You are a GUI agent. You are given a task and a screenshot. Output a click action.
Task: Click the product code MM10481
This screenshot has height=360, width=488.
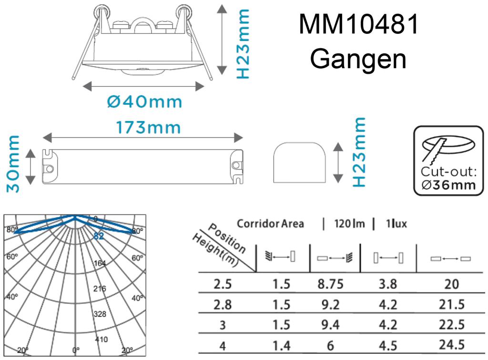click(359, 25)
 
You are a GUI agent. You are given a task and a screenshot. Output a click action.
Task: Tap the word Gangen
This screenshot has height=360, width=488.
click(358, 59)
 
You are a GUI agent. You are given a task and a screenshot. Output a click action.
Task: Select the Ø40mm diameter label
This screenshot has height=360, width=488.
click(144, 101)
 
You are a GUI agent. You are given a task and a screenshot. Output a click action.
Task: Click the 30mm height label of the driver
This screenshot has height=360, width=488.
click(14, 163)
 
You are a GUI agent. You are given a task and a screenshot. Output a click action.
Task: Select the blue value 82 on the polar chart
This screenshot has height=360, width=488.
click(99, 236)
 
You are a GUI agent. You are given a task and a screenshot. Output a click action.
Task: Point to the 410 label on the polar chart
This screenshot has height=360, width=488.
click(102, 340)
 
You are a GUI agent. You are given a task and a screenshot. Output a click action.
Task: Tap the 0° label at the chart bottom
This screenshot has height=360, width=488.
click(76, 350)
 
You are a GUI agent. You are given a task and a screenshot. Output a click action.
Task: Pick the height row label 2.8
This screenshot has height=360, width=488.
click(223, 305)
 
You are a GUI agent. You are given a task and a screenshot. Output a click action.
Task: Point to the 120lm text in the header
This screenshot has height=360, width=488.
click(349, 224)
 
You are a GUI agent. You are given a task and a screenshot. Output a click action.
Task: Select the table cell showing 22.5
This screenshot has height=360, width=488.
click(451, 326)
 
